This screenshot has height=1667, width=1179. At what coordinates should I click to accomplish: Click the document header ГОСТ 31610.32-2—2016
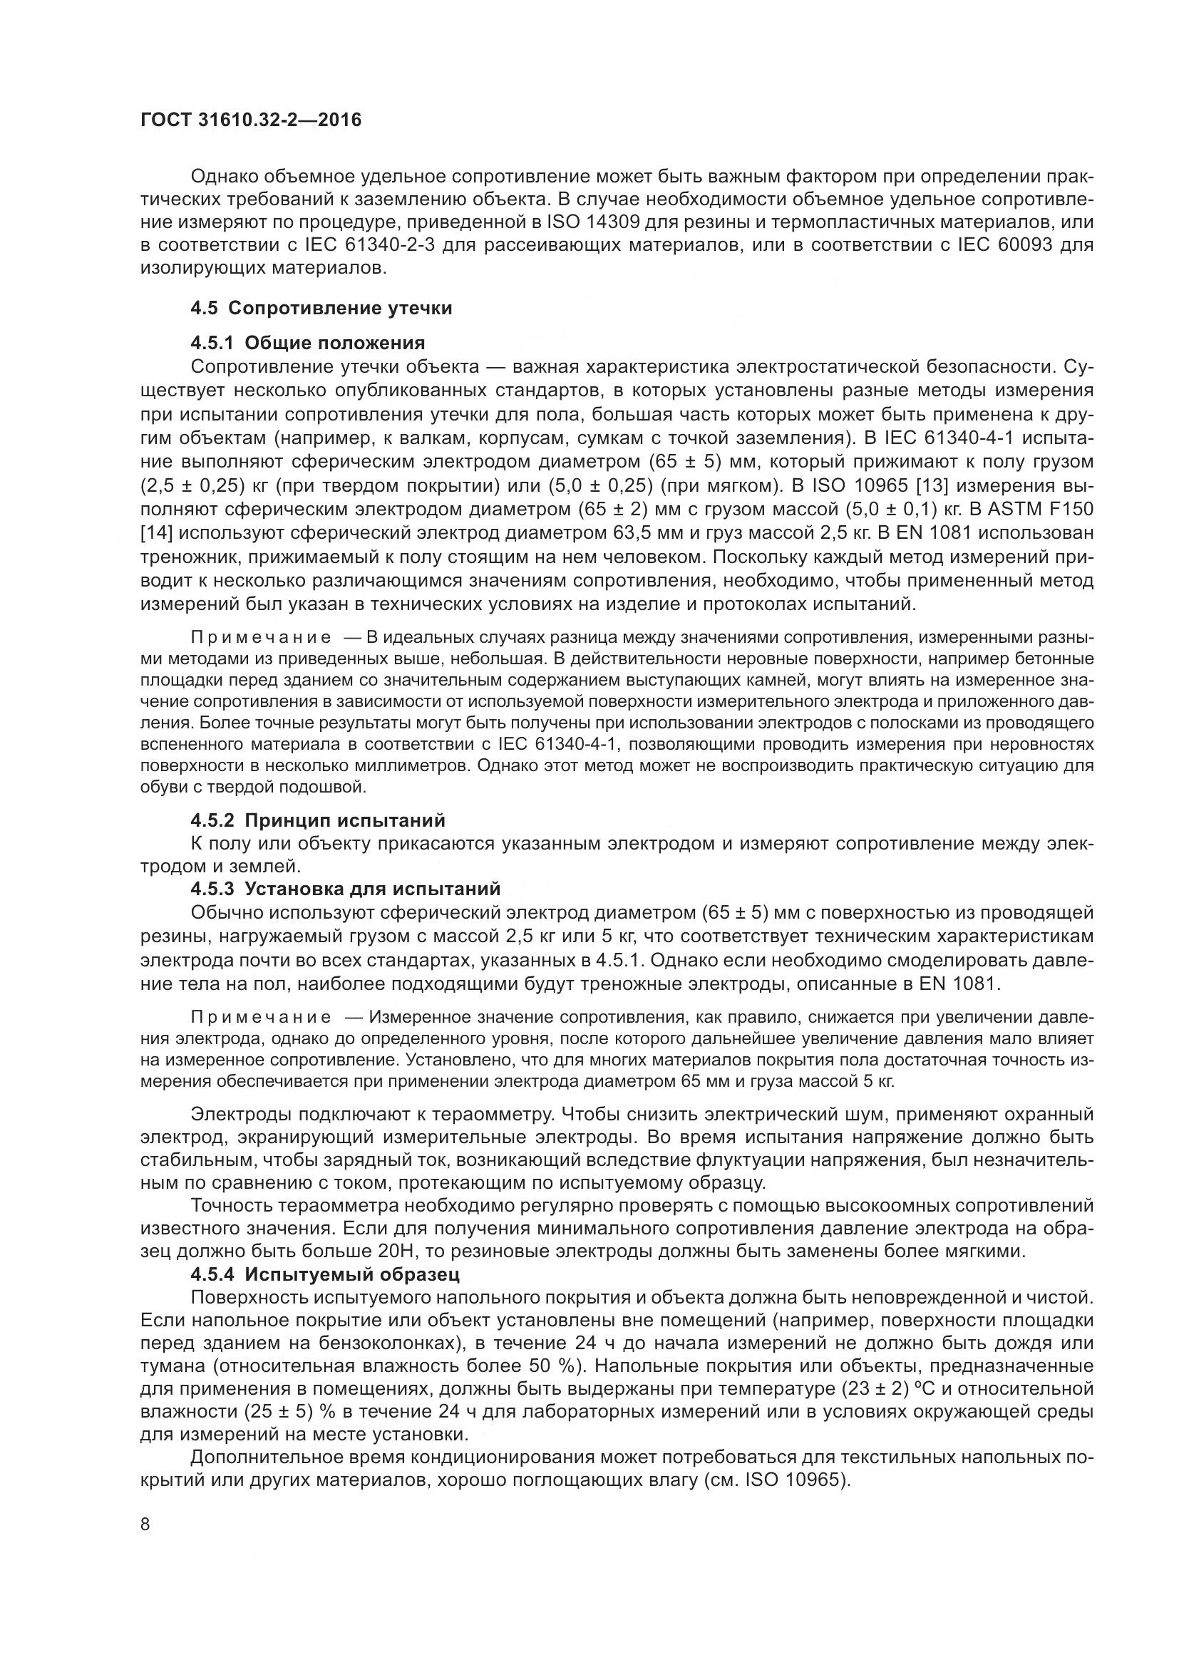(250, 120)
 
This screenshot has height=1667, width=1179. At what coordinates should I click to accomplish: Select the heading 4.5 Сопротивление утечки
(321, 308)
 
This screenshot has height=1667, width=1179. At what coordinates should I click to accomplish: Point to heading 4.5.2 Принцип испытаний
(318, 820)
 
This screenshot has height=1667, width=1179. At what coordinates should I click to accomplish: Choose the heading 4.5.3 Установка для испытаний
(346, 889)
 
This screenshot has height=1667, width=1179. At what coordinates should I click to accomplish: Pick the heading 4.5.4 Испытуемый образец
(325, 1274)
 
